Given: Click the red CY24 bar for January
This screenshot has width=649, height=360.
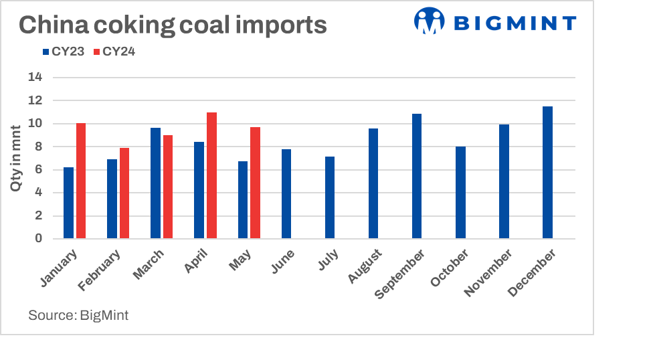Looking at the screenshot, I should [x=81, y=181].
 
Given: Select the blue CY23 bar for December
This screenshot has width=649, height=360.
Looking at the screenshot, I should [x=547, y=173].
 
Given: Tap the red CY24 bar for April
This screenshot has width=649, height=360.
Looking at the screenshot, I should [x=211, y=175].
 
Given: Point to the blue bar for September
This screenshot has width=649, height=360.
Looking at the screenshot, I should [x=417, y=176].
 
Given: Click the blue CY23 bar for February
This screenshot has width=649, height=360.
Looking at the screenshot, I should [x=112, y=199].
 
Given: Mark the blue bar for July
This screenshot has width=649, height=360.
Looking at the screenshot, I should [x=330, y=197].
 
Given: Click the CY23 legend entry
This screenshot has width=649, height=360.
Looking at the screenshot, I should [x=63, y=52].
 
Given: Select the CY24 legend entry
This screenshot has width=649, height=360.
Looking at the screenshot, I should [x=114, y=52].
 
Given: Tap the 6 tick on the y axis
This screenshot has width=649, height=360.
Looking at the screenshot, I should [x=39, y=169].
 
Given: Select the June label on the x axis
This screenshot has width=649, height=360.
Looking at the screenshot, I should [x=283, y=262].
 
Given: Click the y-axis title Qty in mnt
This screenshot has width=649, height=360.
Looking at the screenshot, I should [x=16, y=158].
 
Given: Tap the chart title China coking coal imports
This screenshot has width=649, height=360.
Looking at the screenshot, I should [x=173, y=25].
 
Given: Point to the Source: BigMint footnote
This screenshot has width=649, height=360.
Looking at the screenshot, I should [x=78, y=315].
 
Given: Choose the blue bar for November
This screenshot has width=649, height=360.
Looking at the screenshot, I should [x=504, y=181].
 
